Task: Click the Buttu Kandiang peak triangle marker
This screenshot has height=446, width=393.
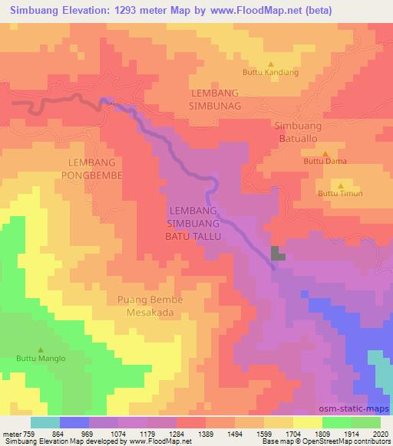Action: pyautogui.click(x=270, y=64)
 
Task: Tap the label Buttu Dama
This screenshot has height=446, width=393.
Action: pyautogui.click(x=325, y=162)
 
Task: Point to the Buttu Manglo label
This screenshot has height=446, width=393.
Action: pyautogui.click(x=38, y=357)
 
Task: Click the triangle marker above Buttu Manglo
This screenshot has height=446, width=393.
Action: pyautogui.click(x=38, y=348)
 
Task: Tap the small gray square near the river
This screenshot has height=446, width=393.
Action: pyautogui.click(x=277, y=254)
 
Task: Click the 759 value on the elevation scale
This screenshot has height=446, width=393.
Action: pyautogui.click(x=22, y=433)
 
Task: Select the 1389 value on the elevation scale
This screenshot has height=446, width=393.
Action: pyautogui.click(x=196, y=433)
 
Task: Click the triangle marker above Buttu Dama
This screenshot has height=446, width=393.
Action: pyautogui.click(x=325, y=152)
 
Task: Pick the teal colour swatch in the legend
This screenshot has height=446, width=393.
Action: pyautogui.click(x=45, y=422)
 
